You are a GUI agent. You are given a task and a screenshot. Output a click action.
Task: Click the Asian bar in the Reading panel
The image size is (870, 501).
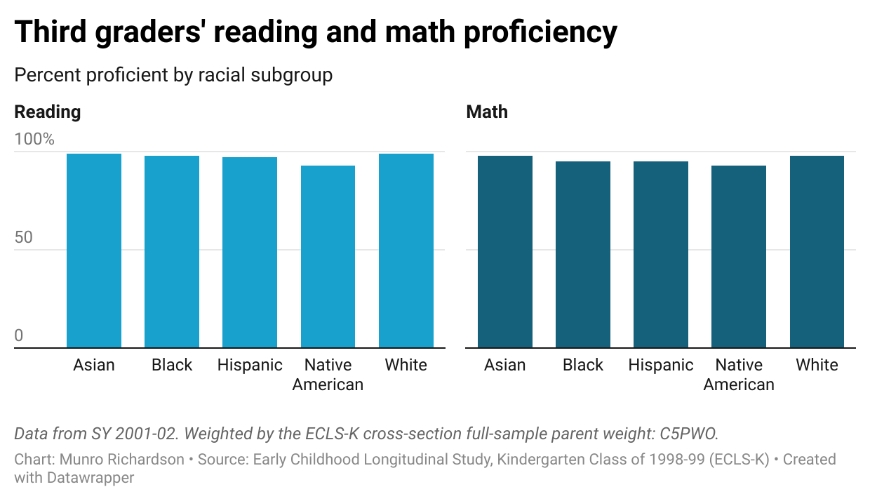click(94, 250)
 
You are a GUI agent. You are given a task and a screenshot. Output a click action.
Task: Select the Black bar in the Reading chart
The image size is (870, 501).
click(172, 251)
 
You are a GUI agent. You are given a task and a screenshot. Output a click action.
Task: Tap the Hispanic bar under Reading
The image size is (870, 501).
click(250, 252)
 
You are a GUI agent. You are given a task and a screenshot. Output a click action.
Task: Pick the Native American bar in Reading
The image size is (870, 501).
click(328, 256)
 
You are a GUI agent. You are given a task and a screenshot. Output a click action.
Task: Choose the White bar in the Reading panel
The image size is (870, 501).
click(406, 250)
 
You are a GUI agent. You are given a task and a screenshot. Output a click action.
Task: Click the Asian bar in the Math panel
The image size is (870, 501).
click(505, 251)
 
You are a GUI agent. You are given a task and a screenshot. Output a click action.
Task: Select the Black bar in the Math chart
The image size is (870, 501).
click(583, 254)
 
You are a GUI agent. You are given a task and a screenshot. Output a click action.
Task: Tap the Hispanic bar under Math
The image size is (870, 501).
click(661, 254)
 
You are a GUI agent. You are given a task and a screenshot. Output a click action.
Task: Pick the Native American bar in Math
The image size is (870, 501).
click(739, 256)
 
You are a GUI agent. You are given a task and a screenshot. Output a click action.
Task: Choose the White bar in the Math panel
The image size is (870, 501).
click(817, 251)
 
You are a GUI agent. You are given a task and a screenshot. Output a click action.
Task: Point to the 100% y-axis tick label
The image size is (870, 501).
click(34, 140)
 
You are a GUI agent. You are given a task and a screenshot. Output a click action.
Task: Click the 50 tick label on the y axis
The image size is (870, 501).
click(24, 238)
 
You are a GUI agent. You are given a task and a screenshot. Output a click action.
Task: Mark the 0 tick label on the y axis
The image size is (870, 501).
click(19, 336)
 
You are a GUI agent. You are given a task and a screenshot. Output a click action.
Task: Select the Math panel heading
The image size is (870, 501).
click(487, 112)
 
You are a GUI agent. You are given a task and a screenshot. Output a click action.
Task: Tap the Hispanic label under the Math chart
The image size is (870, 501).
click(661, 366)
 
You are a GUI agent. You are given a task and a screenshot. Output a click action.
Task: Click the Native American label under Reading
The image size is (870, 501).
click(328, 375)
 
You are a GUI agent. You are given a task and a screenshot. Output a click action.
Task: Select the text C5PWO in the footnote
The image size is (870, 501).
click(689, 434)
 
